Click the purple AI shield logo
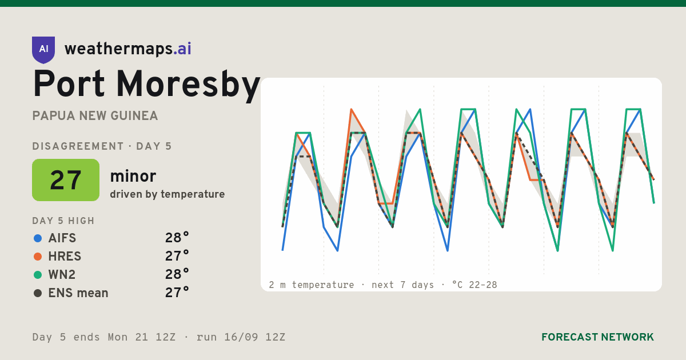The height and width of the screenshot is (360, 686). [x=43, y=50]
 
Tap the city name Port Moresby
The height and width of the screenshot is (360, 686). [x=146, y=85]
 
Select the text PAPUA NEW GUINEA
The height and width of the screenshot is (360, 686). [x=95, y=116]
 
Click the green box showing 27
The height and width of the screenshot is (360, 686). [x=66, y=180]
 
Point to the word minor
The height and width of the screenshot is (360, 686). [x=133, y=176]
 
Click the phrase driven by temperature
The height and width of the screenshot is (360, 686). [x=167, y=194]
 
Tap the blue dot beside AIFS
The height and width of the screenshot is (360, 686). [x=38, y=238]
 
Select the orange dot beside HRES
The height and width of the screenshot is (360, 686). [x=38, y=257]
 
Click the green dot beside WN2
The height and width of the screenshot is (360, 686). [x=38, y=275]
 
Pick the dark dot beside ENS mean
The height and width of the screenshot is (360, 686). [x=38, y=293]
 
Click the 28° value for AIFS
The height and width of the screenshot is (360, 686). [x=177, y=238]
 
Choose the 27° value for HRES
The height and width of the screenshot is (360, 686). [x=177, y=256]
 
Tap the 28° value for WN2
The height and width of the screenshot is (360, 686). [x=177, y=275]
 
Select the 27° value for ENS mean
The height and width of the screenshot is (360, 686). [x=177, y=293]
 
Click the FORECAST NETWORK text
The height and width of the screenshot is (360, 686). [x=597, y=337]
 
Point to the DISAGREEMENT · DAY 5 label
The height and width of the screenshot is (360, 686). [x=102, y=146]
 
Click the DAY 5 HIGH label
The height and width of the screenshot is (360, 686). [x=63, y=221]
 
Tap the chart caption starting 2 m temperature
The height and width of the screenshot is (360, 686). [x=383, y=285]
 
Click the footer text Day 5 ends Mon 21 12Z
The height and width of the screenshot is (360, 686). [x=104, y=337]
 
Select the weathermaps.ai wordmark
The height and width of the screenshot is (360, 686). [x=127, y=49]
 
